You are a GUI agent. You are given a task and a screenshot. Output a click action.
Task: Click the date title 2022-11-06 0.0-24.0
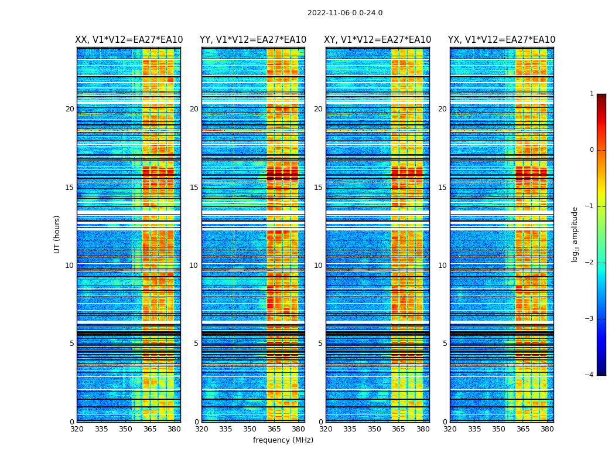[345, 13]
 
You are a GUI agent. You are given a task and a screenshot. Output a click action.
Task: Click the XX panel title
[129, 40]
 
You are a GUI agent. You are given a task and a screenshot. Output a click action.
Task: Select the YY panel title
[253, 40]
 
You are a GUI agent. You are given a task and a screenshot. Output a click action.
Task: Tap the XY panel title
[378, 40]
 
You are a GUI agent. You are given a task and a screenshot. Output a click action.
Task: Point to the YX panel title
[502, 40]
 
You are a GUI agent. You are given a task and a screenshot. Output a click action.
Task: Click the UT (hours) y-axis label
[57, 234]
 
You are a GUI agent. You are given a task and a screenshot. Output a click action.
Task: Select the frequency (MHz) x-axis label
[283, 440]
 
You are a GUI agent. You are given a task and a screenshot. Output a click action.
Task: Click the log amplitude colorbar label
[575, 234]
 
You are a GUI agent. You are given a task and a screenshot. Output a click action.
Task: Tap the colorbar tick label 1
[592, 94]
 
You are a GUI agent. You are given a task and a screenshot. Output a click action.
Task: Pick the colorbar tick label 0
[592, 150]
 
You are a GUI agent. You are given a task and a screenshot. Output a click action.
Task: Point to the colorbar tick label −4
[590, 375]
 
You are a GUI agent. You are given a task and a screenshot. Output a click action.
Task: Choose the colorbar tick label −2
[590, 263]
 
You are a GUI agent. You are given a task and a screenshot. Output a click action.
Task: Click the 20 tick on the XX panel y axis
[70, 109]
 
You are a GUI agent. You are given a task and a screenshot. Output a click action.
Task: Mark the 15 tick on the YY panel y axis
[194, 188]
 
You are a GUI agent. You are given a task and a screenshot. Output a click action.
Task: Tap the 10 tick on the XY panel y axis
[318, 266]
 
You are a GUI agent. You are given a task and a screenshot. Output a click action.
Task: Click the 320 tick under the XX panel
[77, 429]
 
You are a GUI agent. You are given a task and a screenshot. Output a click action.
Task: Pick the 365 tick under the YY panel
[275, 429]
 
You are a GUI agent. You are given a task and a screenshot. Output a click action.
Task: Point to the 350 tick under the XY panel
[374, 429]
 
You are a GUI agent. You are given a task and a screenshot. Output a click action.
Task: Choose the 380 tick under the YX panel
[547, 429]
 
